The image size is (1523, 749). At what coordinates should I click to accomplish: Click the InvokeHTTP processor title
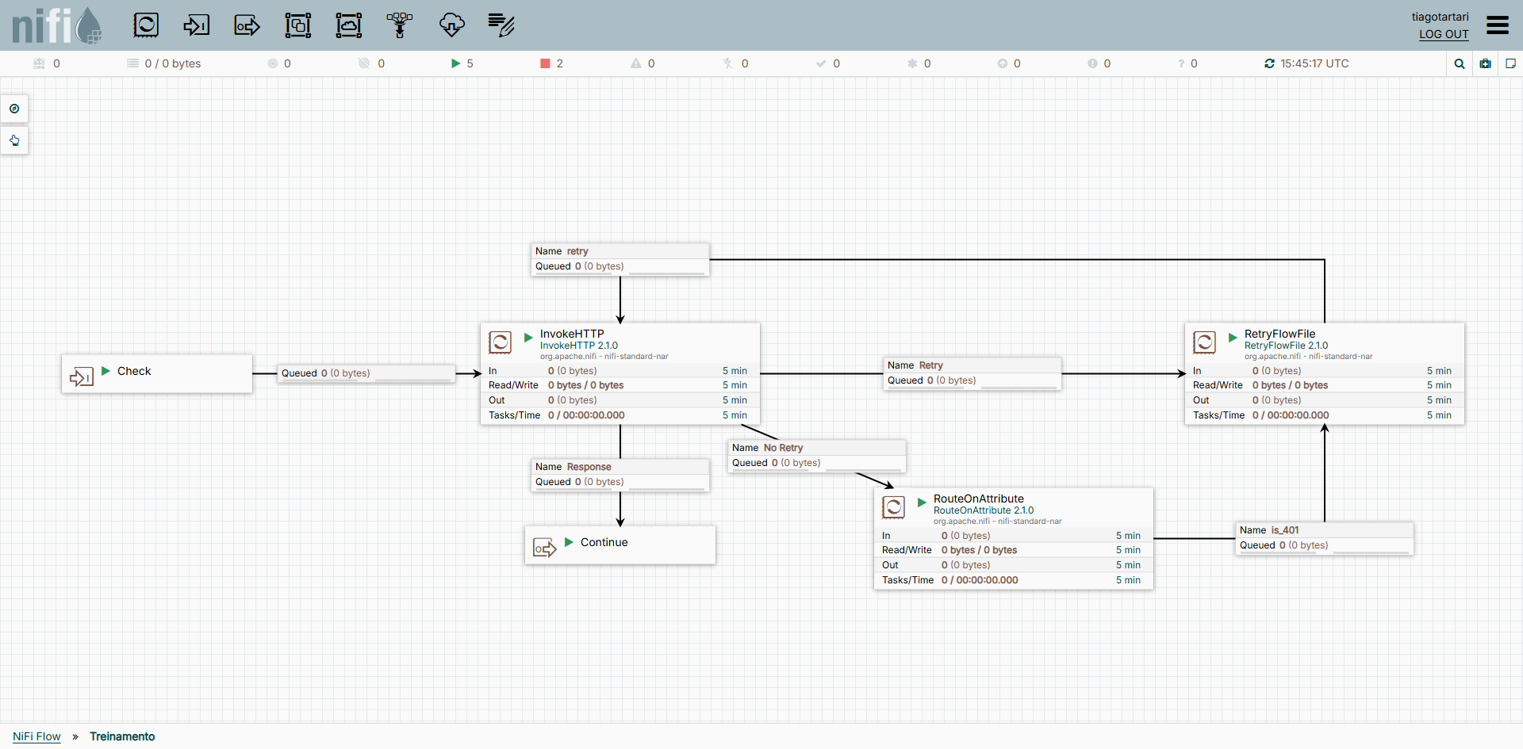(x=572, y=334)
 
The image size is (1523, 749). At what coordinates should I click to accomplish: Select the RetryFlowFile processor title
(x=1279, y=334)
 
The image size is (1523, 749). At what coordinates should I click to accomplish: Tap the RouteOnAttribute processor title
(x=978, y=499)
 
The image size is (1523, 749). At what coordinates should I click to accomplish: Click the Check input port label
(x=134, y=371)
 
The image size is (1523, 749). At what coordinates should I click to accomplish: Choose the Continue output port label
(x=604, y=542)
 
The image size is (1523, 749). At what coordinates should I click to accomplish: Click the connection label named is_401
(x=1285, y=530)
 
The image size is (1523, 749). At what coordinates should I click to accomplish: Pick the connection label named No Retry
(x=783, y=448)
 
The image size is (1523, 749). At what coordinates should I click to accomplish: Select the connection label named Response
(x=589, y=467)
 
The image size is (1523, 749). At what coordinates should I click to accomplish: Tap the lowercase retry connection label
(x=577, y=251)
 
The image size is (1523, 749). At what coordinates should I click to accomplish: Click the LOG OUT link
(x=1444, y=34)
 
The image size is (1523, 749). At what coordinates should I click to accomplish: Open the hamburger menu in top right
(x=1498, y=25)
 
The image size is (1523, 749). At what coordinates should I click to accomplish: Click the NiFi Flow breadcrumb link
(x=36, y=736)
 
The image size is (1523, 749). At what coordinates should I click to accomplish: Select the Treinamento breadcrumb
(x=122, y=736)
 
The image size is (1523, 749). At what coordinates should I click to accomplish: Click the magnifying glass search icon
(x=1460, y=64)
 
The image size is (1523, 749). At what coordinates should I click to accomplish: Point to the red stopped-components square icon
(x=545, y=63)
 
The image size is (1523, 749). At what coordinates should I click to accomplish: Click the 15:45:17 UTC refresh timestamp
(x=1314, y=63)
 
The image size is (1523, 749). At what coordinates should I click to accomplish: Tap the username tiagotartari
(x=1440, y=17)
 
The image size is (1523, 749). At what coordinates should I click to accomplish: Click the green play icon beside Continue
(x=569, y=542)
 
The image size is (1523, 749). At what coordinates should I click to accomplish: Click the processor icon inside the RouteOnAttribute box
(x=893, y=507)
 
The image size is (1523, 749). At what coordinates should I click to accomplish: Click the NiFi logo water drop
(x=89, y=25)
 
